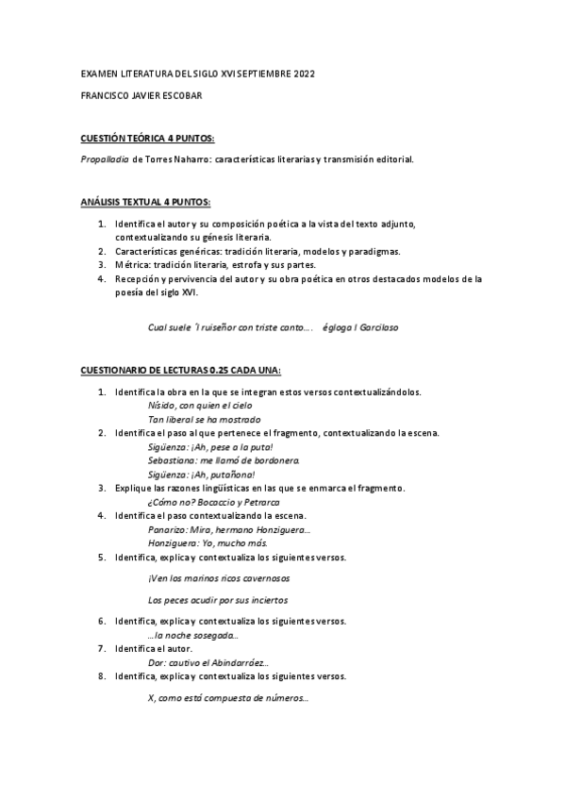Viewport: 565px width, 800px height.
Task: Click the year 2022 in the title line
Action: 304,73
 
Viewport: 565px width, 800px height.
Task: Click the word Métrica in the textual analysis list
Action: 132,265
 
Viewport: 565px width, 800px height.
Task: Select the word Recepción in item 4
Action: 139,279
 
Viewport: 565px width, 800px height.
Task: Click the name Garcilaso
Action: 375,328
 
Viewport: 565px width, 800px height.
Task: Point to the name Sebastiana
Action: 173,460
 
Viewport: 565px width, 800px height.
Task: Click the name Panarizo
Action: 168,530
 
